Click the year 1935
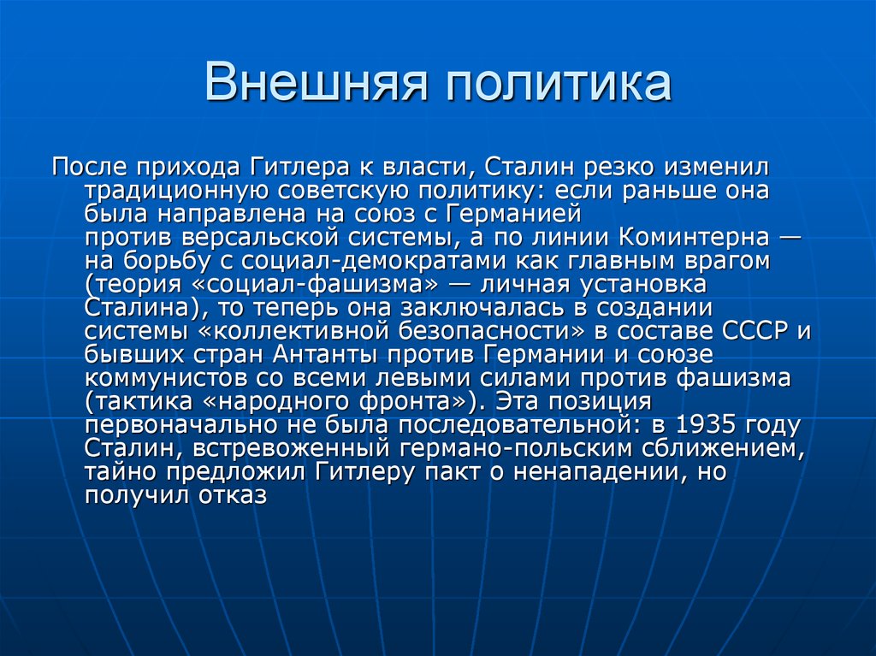tap(707, 424)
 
